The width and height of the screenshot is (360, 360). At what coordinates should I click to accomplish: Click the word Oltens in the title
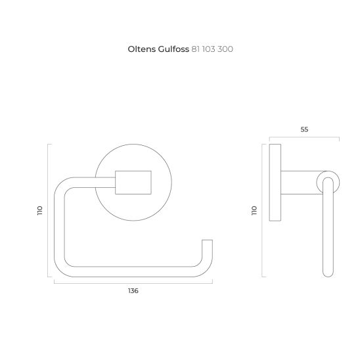142,49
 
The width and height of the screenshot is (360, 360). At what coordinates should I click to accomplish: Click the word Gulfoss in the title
173,49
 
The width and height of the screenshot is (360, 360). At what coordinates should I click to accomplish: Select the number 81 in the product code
196,49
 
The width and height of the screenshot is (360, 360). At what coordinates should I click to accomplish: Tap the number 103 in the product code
209,49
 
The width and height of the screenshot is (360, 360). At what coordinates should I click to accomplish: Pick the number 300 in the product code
225,49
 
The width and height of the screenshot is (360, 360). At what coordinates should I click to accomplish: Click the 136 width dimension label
133,291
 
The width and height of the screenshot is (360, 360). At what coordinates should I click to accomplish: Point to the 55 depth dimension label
304,129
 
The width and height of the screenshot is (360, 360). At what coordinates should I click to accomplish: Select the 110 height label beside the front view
40,210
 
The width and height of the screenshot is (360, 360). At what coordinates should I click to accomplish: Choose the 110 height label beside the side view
254,210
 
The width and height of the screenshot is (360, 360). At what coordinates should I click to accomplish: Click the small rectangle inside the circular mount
133,183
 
